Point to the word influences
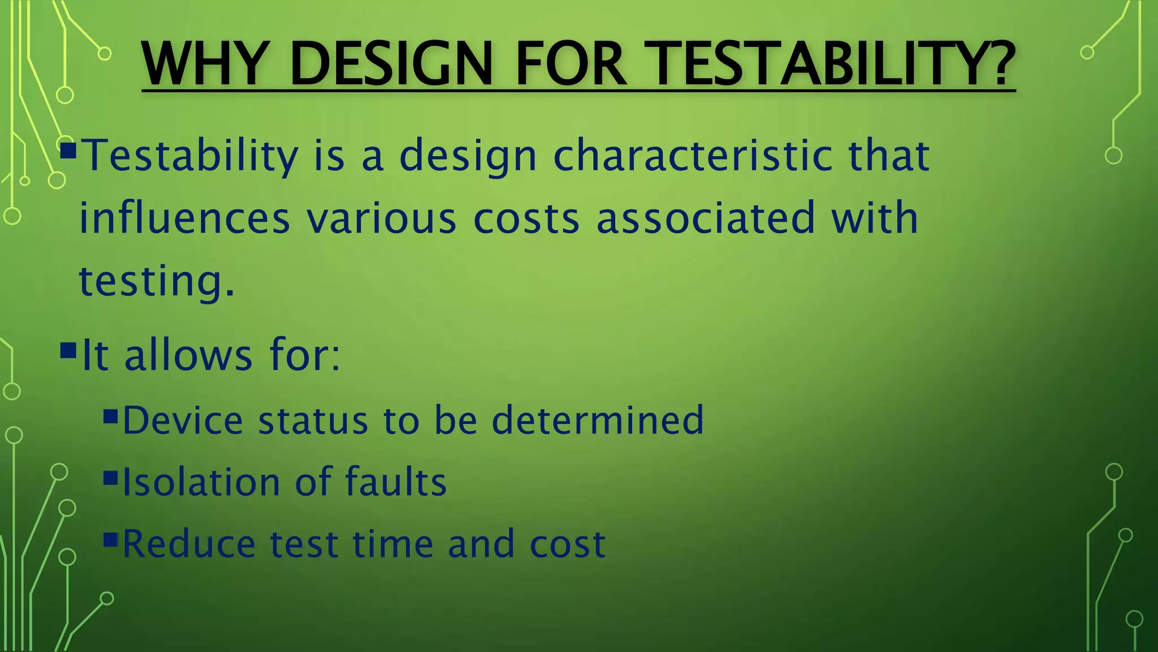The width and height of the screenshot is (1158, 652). tap(184, 218)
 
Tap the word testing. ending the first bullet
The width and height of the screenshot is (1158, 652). tap(156, 281)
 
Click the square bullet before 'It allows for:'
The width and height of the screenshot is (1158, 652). tap(68, 350)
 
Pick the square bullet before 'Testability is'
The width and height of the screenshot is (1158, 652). tap(68, 151)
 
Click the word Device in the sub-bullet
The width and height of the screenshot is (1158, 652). tap(182, 421)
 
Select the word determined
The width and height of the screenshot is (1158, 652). tap(598, 421)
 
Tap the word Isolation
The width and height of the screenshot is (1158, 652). tap(201, 482)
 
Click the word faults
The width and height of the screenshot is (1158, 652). tap(396, 482)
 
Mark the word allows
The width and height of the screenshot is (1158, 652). tap(188, 356)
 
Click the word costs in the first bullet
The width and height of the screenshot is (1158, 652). tap(526, 218)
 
